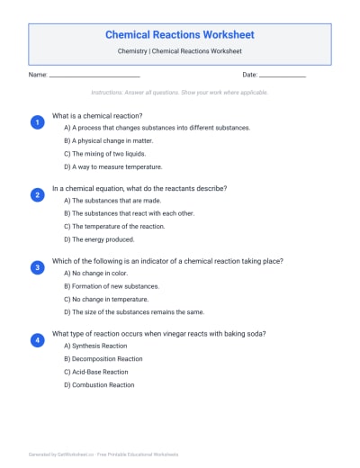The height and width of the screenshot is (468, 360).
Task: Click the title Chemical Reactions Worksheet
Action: [180, 35]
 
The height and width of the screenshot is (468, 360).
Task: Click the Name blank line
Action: [94, 75]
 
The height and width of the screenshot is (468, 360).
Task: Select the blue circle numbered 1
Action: [37, 122]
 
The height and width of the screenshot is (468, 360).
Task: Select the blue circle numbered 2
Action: [37, 194]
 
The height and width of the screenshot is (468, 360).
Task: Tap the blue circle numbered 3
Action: [37, 267]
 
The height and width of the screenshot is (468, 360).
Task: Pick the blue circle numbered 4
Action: [37, 340]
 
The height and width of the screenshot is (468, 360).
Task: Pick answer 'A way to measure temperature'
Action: [112, 166]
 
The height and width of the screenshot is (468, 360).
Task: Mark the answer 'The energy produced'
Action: [99, 239]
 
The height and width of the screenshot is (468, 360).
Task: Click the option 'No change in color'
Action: [95, 274]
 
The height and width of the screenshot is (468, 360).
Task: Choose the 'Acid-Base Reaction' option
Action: [96, 372]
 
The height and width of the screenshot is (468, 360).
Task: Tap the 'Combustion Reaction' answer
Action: [99, 384]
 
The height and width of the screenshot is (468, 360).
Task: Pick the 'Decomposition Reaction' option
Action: [103, 359]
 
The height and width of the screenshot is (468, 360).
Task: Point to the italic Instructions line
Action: [180, 92]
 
